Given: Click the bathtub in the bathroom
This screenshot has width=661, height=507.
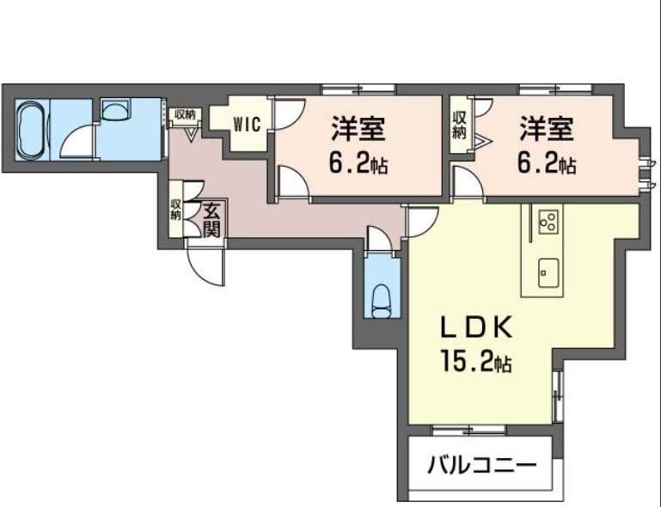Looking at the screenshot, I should (x=30, y=130).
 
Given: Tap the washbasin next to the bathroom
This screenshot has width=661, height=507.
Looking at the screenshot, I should (x=114, y=108).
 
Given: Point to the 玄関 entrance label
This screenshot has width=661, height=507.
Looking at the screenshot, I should (x=211, y=219).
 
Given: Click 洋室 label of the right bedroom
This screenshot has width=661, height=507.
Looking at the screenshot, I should (x=546, y=131).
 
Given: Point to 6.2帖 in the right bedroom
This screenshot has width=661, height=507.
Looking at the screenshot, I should (x=546, y=163).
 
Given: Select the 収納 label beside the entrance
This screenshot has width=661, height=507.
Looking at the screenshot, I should (x=176, y=210).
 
